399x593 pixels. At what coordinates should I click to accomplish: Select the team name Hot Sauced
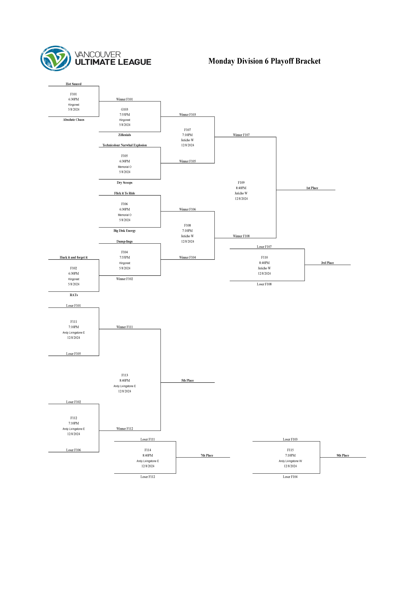tap(74, 84)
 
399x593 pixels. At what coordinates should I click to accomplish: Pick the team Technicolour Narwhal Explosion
tap(124, 145)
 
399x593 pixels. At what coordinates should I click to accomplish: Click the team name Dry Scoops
tap(124, 183)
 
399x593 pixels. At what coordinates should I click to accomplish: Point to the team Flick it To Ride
tap(124, 193)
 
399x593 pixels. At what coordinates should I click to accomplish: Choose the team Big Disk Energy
tap(124, 231)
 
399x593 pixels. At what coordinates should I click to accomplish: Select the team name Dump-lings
tap(124, 241)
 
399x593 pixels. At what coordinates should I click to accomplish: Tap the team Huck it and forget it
tap(74, 257)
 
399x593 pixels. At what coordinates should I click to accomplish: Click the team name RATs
tap(74, 295)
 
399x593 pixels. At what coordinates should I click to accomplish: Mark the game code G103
tap(124, 109)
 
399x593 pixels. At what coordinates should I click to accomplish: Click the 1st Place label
tap(312, 188)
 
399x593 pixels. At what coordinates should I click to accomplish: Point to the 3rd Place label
tap(327, 263)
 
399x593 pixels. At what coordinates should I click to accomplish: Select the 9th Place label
tap(343, 455)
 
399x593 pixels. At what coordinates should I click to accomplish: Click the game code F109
tap(241, 183)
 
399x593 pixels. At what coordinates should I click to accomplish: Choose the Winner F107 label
tap(241, 135)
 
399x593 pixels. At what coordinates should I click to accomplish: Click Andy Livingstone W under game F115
tap(290, 461)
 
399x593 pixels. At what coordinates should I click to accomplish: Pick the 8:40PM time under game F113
tap(124, 381)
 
